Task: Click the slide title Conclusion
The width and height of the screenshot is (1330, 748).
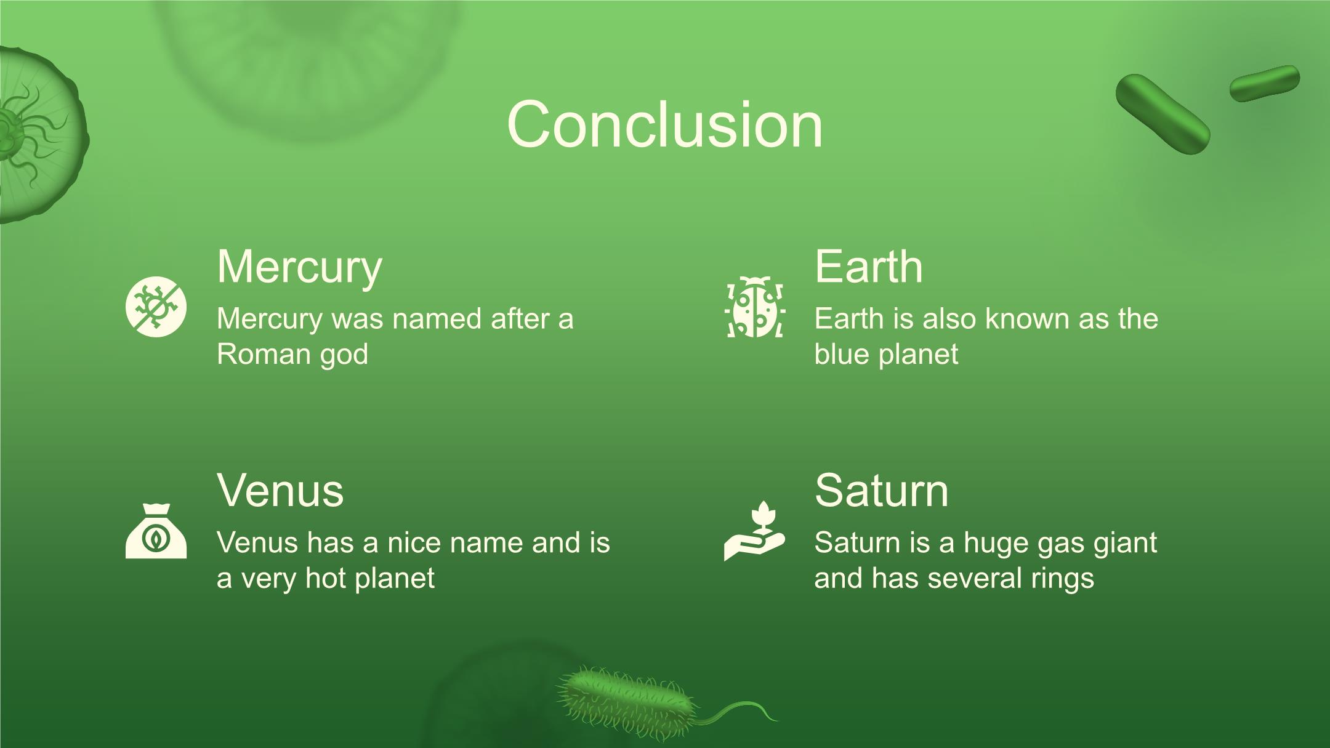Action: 665,125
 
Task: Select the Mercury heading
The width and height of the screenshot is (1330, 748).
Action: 299,268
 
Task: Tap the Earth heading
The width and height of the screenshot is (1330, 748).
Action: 869,267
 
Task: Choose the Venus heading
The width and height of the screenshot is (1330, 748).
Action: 280,491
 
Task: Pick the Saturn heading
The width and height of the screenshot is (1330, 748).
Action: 882,491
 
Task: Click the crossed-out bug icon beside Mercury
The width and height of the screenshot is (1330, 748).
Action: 156,307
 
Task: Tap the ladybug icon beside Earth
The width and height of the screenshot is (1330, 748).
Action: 755,307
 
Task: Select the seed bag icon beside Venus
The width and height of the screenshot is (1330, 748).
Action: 156,531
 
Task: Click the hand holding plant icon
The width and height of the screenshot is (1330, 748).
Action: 755,530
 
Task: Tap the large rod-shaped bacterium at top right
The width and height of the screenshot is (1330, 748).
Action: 1163,114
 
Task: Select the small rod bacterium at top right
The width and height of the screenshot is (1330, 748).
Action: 1265,83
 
